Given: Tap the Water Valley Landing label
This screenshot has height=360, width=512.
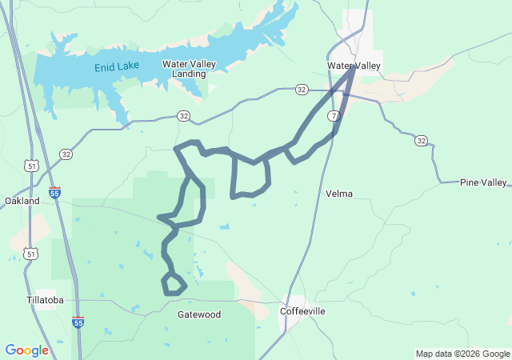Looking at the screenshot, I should click(x=184, y=69).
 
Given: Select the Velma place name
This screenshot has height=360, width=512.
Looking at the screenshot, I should click(x=339, y=194).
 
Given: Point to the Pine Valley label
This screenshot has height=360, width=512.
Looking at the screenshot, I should click(x=483, y=182).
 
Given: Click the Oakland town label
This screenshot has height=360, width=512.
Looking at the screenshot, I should click(x=22, y=201).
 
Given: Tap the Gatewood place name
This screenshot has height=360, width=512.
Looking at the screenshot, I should click(x=198, y=314).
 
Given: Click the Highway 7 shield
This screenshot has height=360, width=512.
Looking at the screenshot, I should click(x=333, y=117).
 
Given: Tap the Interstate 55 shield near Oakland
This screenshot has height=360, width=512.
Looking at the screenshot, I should click(x=54, y=193).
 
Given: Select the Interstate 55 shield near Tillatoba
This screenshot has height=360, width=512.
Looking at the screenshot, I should click(x=78, y=322).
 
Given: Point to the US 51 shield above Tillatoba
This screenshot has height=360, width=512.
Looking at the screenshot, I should click(x=30, y=254).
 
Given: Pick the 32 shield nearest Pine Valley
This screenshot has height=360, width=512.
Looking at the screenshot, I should click(x=421, y=141).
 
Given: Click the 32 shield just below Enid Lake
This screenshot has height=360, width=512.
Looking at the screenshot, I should click(x=184, y=117).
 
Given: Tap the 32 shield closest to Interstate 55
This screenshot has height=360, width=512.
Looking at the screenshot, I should click(x=66, y=154).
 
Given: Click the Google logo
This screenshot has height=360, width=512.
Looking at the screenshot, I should click(x=26, y=350).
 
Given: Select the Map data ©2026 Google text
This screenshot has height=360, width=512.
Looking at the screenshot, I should click(x=462, y=354).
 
